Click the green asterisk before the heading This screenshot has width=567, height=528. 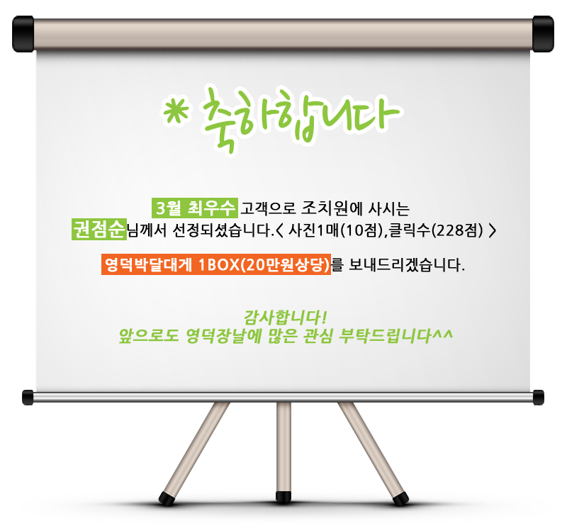176,112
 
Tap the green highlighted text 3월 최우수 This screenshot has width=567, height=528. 195,208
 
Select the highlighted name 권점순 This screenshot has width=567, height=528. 99,230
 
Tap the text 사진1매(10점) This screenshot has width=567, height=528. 335,230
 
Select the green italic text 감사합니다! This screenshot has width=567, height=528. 286,318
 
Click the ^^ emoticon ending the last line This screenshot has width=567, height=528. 442,332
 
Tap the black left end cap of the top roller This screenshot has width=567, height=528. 23,34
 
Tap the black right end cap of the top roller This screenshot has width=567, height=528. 543,34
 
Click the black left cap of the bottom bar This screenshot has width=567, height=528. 28,398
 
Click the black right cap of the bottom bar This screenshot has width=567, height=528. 539,398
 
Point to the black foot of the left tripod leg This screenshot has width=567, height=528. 167,498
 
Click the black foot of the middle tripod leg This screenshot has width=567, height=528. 283,497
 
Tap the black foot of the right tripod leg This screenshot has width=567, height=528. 400,498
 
